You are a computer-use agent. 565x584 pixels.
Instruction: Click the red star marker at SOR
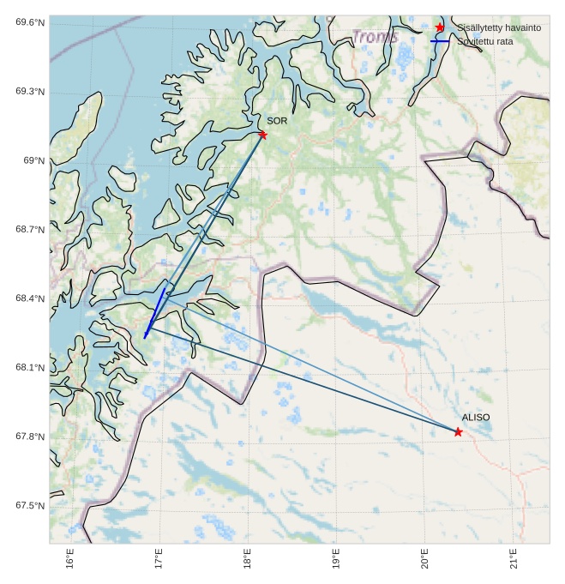[263, 135]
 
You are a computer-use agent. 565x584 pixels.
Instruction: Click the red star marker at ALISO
[459, 431]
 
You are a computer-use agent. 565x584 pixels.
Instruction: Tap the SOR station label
[277, 121]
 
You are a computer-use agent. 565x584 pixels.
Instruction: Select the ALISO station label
[476, 417]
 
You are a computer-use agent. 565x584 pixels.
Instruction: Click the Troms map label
[376, 37]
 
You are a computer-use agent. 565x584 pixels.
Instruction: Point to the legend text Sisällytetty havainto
[498, 28]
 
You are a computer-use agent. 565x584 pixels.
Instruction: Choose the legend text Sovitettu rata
[485, 41]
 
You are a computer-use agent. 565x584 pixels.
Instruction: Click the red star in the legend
[440, 27]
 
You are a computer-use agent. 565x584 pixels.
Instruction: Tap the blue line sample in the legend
[440, 40]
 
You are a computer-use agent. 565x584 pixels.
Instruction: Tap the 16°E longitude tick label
[71, 559]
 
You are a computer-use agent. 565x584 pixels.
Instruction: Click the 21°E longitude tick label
[514, 559]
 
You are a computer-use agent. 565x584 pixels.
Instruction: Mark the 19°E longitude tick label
[336, 559]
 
